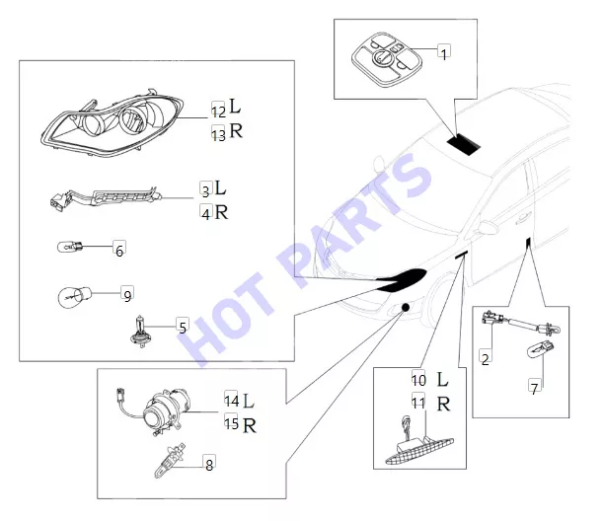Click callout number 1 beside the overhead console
click(x=444, y=53)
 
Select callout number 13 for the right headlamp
click(x=218, y=134)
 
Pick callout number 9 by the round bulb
click(x=127, y=294)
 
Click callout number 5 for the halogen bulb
click(x=183, y=327)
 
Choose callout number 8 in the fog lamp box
click(x=209, y=464)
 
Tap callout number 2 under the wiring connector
click(x=486, y=357)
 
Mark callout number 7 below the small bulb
click(x=534, y=387)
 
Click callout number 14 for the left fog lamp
click(x=232, y=400)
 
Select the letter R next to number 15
click(x=250, y=425)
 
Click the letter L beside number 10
click(x=442, y=380)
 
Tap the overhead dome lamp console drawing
click(x=387, y=59)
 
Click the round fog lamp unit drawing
click(x=164, y=412)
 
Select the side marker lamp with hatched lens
click(x=419, y=449)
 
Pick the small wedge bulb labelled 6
click(x=70, y=246)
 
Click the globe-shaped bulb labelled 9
click(x=74, y=297)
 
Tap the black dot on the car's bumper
click(x=405, y=307)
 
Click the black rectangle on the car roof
click(x=464, y=144)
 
